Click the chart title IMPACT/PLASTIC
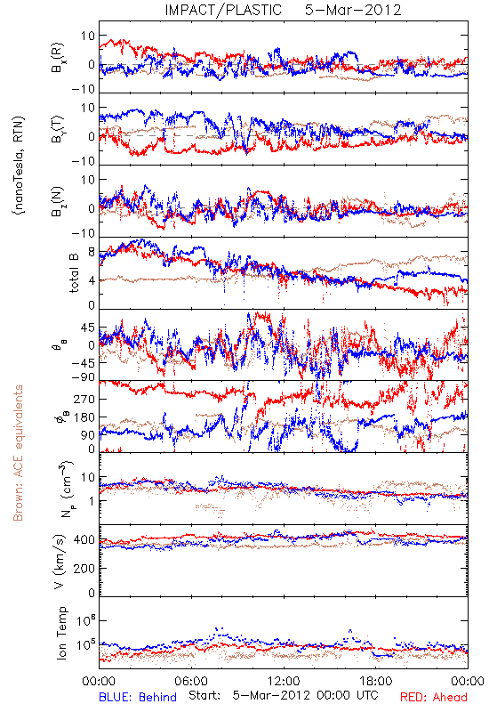(223, 10)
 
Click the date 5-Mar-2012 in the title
(353, 10)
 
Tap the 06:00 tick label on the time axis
(191, 681)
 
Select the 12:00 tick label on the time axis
(284, 681)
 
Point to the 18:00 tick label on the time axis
(376, 681)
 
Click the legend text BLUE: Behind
(138, 697)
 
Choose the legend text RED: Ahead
(434, 697)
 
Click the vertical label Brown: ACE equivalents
(18, 453)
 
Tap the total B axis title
(74, 272)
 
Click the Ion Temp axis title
(61, 633)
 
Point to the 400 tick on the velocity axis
(84, 540)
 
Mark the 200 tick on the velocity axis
(84, 568)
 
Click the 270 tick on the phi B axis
(84, 399)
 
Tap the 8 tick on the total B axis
(92, 252)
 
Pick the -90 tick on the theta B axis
(84, 377)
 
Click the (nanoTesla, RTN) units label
(19, 166)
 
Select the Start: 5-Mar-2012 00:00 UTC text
(283, 696)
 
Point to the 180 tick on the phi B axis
(84, 417)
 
